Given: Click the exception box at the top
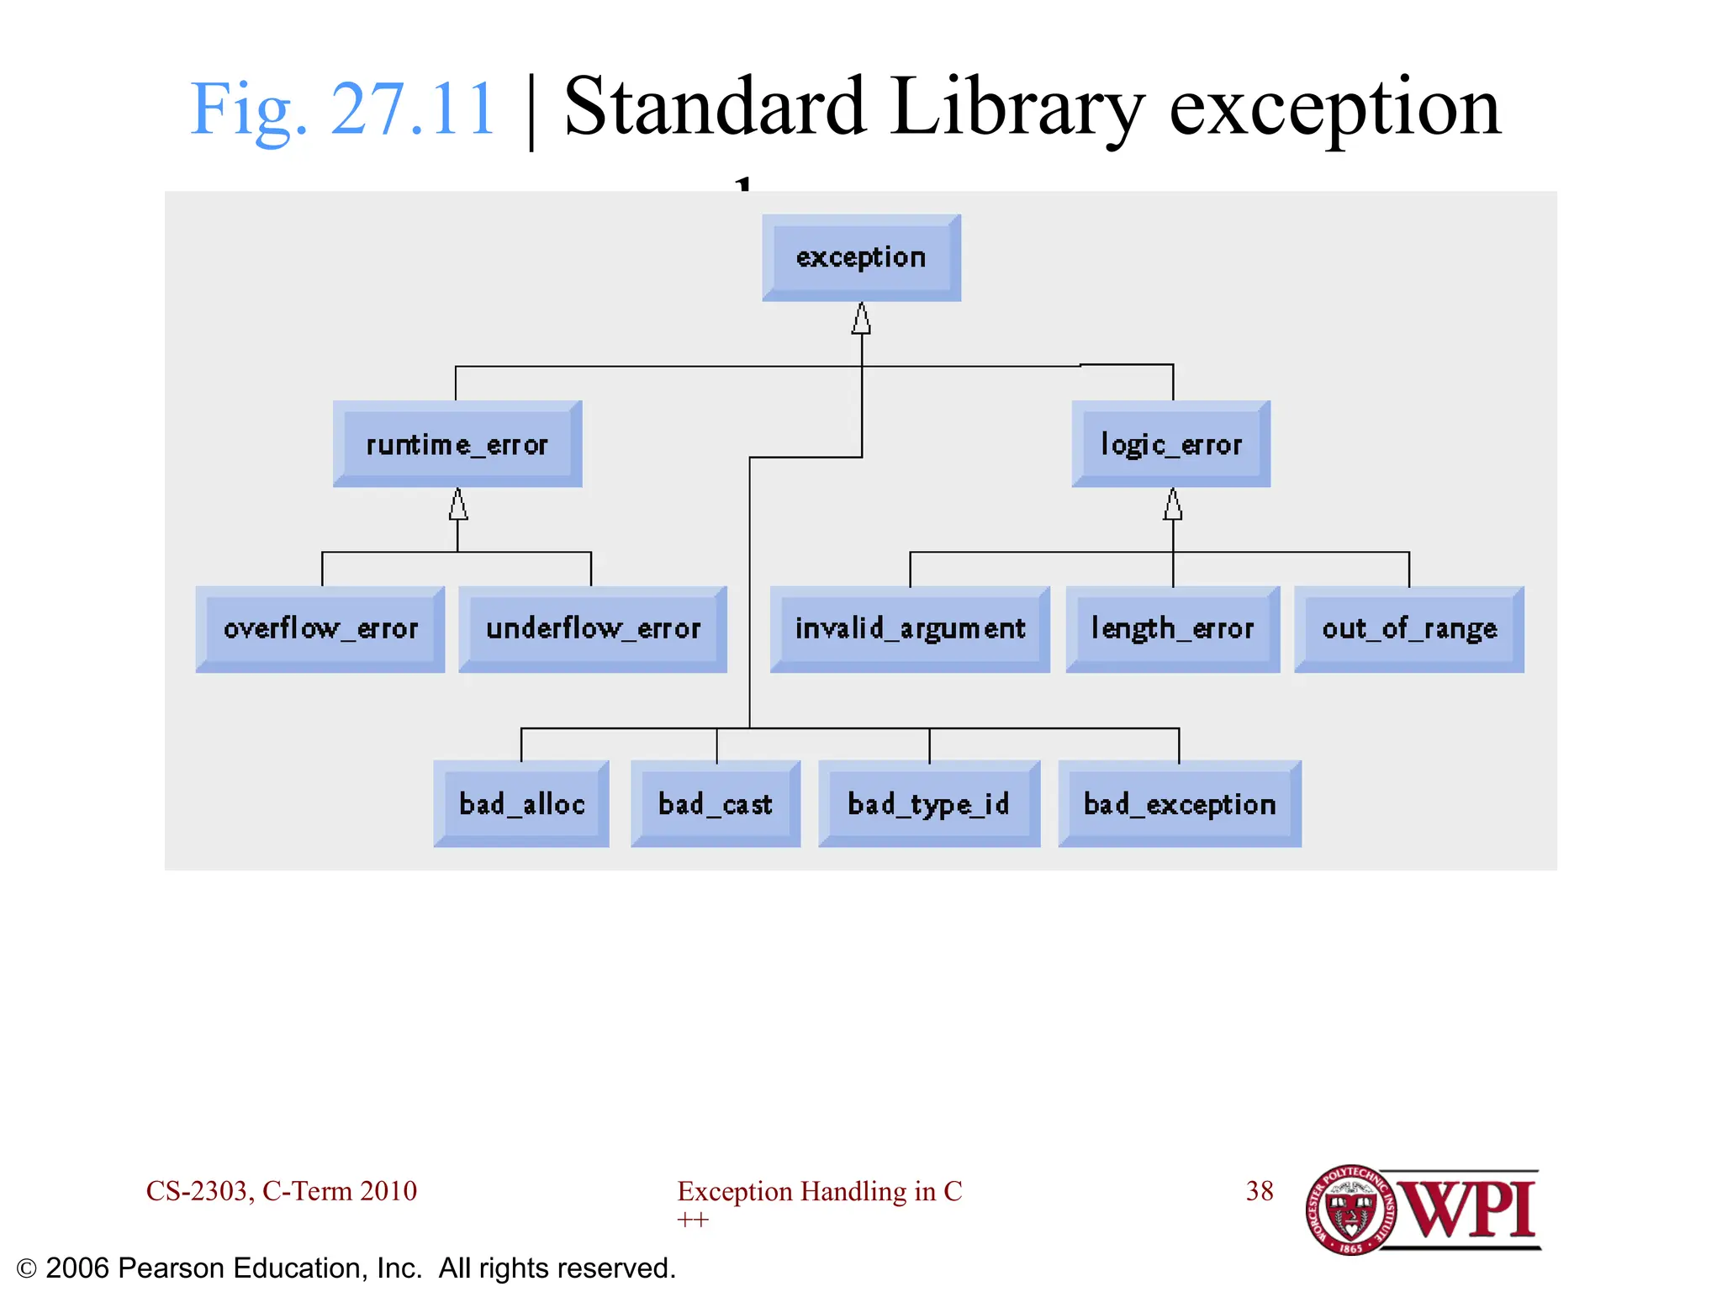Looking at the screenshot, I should (861, 257).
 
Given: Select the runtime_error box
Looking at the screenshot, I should (457, 444).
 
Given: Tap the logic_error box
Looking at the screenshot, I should (1171, 444).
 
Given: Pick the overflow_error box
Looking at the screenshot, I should (320, 629).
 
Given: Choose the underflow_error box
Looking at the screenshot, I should (593, 629).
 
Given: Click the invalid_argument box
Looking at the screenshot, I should (910, 629).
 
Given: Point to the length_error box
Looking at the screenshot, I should (1173, 629).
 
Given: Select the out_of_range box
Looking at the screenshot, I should (1409, 629).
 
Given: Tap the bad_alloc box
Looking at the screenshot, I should (521, 804).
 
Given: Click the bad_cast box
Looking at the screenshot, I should (716, 804).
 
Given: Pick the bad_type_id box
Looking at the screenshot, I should (929, 804).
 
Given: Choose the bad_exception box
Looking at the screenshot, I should (1180, 804).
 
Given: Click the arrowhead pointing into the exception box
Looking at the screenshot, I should (861, 319).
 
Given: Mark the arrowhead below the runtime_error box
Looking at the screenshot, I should (457, 505).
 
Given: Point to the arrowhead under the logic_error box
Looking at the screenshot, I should (1173, 505).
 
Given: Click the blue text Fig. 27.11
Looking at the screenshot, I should (342, 109).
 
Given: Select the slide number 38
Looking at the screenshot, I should (1260, 1191).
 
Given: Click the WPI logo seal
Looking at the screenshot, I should (1350, 1210).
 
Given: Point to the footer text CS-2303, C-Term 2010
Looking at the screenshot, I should (281, 1191).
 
